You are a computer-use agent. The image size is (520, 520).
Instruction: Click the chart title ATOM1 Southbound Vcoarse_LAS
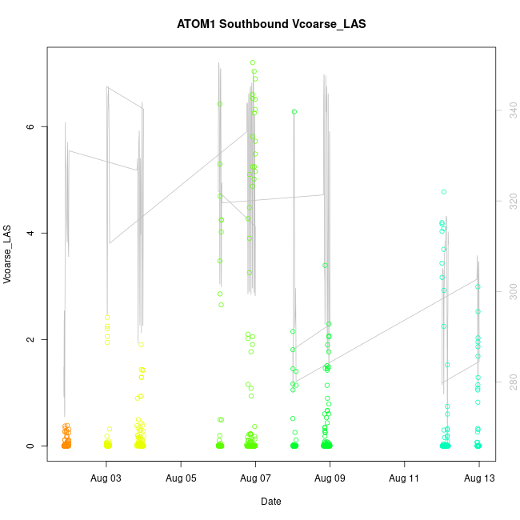271,24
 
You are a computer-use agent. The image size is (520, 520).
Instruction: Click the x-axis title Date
270,502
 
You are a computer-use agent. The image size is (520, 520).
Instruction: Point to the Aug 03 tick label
106,478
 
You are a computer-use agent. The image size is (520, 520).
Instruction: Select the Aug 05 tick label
181,478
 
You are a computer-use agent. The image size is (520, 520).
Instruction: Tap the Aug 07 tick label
255,478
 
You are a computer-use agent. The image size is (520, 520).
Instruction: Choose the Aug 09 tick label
330,478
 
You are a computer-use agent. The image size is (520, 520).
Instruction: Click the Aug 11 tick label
405,478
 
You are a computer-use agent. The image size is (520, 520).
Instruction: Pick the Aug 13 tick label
479,478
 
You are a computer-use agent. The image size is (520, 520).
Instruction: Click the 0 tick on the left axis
31,446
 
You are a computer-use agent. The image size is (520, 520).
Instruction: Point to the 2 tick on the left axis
31,339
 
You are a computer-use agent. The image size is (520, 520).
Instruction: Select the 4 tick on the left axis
31,233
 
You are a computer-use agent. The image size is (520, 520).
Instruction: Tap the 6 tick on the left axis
31,126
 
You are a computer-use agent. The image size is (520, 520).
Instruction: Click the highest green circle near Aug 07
253,62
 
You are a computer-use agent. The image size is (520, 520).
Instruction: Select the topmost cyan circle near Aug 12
443,192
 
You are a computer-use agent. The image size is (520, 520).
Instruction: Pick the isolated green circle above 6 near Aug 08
294,112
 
